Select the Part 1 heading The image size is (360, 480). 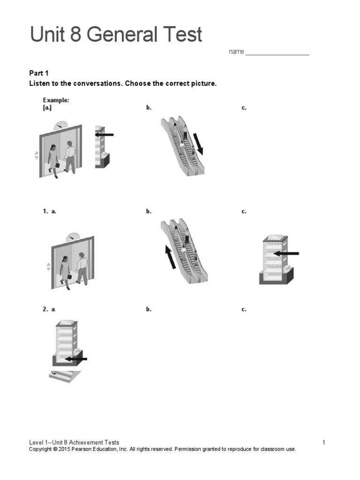[39, 73]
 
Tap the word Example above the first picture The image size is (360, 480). [56, 100]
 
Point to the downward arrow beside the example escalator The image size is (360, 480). [200, 143]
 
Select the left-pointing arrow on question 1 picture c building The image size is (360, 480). [285, 253]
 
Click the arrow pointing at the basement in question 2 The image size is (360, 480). [76, 360]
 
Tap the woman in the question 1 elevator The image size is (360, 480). [64, 270]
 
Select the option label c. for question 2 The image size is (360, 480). [244, 309]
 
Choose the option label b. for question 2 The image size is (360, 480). [149, 309]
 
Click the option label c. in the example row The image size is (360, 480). [244, 108]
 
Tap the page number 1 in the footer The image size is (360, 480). [323, 442]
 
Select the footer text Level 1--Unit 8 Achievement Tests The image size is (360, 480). [74, 442]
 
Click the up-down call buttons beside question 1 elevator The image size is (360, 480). [48, 267]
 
